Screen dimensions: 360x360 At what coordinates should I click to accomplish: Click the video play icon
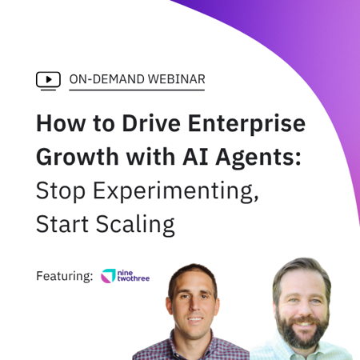click(x=48, y=79)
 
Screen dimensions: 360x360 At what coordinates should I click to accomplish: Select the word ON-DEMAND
click(x=103, y=79)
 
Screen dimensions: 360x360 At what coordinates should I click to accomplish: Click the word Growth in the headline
click(x=77, y=158)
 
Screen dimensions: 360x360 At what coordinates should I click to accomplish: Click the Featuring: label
click(x=64, y=276)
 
